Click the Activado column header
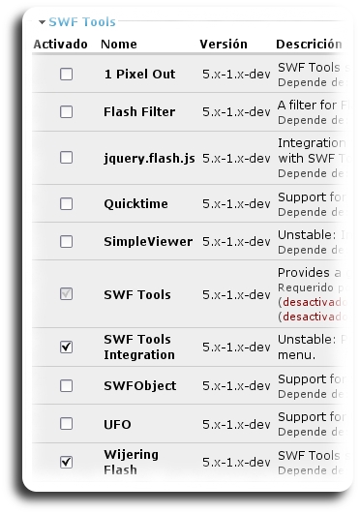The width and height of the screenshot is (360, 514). tap(60, 45)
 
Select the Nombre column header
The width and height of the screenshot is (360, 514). tap(119, 45)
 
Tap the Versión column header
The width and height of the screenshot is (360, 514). tap(224, 45)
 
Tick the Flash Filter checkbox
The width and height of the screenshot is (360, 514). tap(66, 112)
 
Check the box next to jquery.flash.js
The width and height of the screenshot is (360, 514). tap(66, 158)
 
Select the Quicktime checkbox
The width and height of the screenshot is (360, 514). tap(66, 204)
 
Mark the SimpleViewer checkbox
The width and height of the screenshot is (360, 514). tap(66, 242)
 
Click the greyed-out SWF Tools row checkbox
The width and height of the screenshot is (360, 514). tap(66, 294)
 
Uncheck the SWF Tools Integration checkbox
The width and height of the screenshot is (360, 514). tap(66, 346)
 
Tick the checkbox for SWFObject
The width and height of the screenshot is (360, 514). tap(66, 386)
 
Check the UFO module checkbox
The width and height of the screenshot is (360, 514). tap(66, 424)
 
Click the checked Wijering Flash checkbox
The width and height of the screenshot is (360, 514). tap(66, 462)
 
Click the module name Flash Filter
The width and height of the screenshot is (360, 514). tap(139, 112)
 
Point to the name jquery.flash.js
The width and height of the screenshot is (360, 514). tap(143, 158)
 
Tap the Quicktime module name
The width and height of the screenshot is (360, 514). tap(135, 204)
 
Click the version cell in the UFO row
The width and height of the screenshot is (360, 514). tap(236, 424)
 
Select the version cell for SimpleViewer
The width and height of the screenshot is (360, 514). tap(236, 242)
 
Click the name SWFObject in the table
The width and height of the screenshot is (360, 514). tap(139, 386)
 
